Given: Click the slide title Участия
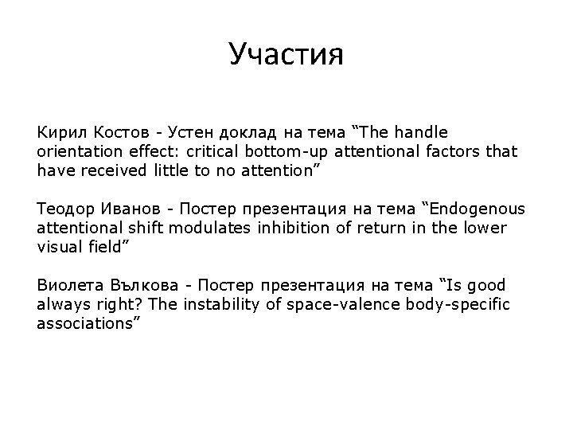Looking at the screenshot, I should click(x=286, y=55).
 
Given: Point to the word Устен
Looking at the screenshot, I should click(x=191, y=131).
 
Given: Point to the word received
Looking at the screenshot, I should click(x=108, y=170).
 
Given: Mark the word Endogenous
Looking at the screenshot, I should click(x=477, y=209).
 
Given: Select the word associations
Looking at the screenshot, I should click(x=87, y=324).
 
